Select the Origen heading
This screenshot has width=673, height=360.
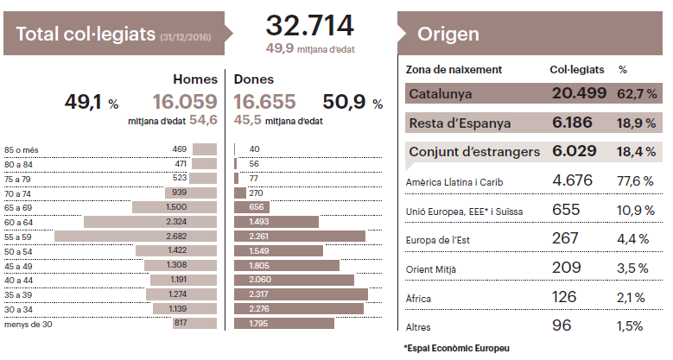tap(448, 35)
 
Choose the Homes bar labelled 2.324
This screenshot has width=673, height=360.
tap(150, 222)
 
